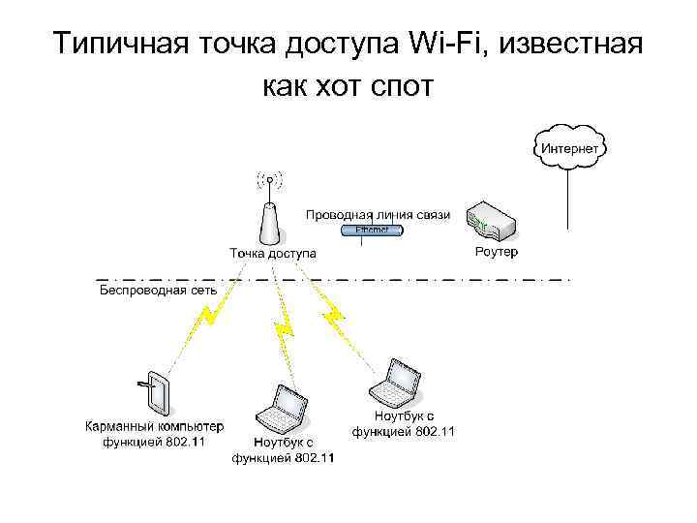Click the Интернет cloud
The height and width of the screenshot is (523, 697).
568,147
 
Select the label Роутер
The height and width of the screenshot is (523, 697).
497,252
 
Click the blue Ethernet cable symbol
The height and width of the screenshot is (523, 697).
372,231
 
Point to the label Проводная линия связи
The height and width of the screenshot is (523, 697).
378,214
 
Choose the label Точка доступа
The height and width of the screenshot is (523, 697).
272,253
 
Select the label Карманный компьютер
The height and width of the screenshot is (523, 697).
154,426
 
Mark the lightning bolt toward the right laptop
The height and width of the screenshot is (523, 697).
334,312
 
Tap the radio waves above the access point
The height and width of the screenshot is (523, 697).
270,179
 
